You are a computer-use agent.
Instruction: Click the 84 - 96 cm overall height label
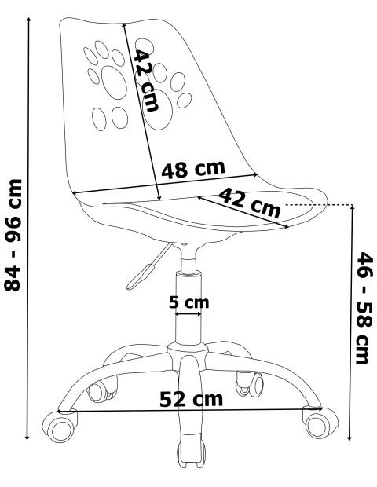13,235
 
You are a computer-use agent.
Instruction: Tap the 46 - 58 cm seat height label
364,308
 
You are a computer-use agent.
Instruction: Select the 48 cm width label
193,170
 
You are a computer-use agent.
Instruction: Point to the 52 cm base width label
192,399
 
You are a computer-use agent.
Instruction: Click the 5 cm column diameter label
188,302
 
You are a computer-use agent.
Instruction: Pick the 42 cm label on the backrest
146,81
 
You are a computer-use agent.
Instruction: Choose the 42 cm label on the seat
250,203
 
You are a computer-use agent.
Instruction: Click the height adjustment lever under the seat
149,267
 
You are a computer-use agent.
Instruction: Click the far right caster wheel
321,423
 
